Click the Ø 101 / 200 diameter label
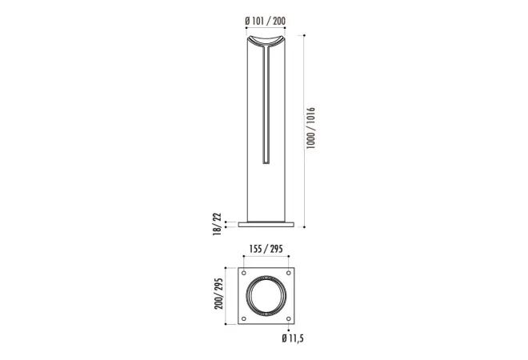tap(266, 22)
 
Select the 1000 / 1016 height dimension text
tap(310, 128)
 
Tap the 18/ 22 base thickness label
tap(218, 224)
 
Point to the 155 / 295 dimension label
tap(266, 249)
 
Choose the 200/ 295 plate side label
tap(218, 294)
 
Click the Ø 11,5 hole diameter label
tap(293, 338)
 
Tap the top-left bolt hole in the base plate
tap(244, 273)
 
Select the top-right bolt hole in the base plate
tap(288, 273)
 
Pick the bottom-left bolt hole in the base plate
tap(244, 318)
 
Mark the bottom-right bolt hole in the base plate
tap(288, 318)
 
